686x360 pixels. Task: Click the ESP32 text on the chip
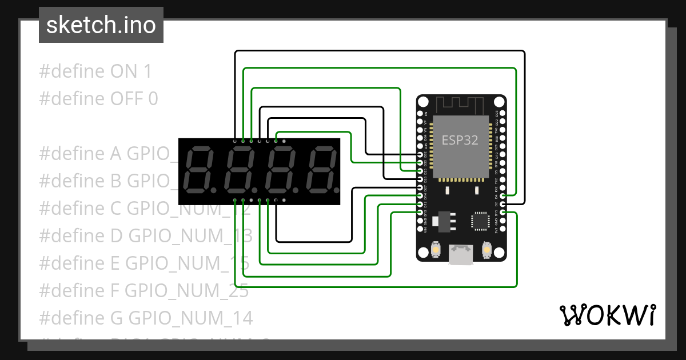click(460, 139)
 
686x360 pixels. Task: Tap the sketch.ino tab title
click(101, 25)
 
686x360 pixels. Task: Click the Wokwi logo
click(607, 315)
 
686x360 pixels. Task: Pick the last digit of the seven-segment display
click(320, 170)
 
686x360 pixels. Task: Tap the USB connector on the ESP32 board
click(461, 255)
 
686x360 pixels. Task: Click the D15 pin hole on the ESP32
click(503, 213)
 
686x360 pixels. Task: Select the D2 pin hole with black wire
click(503, 204)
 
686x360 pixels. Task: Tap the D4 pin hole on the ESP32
click(503, 195)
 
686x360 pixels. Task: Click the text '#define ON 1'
click(96, 71)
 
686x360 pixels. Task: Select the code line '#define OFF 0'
click(98, 99)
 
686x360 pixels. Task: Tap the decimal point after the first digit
click(213, 188)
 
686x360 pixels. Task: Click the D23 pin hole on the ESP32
click(503, 113)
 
